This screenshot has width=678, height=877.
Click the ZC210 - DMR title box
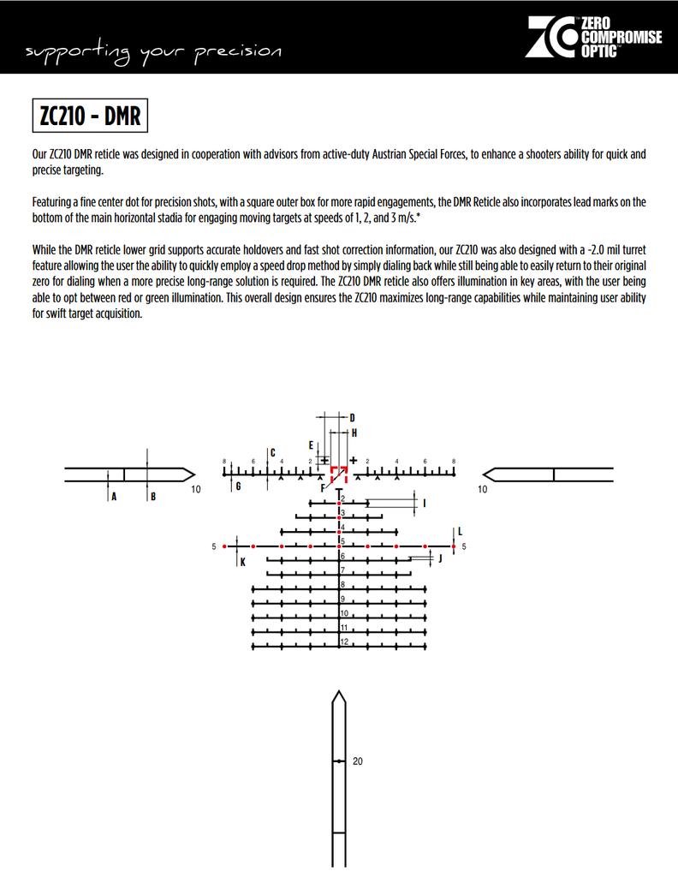[90, 116]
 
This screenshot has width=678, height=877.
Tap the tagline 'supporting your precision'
[154, 52]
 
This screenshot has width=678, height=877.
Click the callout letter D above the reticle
[352, 417]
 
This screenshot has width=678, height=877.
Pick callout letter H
[354, 433]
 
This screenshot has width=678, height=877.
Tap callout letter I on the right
[425, 503]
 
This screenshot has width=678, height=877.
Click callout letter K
[242, 563]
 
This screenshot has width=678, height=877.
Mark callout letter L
[460, 531]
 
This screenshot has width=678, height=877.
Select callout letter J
[440, 558]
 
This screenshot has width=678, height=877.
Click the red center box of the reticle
[339, 472]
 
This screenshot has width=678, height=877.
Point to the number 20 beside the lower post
[358, 761]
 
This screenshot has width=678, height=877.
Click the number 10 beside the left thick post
[196, 490]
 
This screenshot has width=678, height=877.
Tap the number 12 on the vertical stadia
[343, 641]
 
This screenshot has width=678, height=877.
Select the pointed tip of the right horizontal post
[485, 474]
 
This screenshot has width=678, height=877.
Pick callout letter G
[238, 486]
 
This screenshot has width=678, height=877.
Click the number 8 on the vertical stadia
[342, 584]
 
